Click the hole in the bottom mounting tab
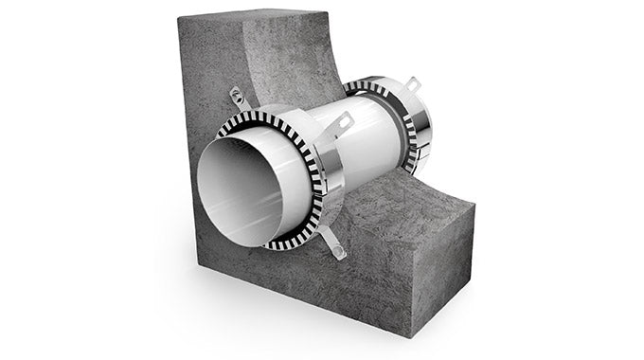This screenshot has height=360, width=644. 337,251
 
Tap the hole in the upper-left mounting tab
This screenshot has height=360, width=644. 235,95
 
